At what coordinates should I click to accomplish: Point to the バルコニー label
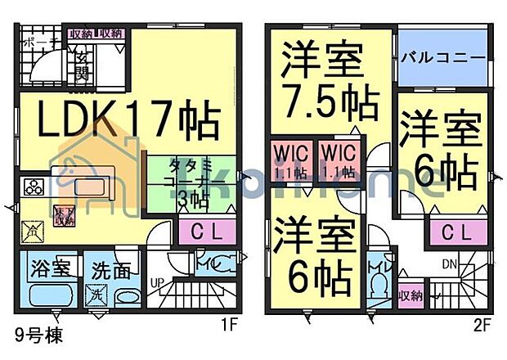click(x=443, y=59)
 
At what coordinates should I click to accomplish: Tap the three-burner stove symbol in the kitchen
click(x=34, y=187)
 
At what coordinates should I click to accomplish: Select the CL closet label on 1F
click(x=198, y=232)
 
